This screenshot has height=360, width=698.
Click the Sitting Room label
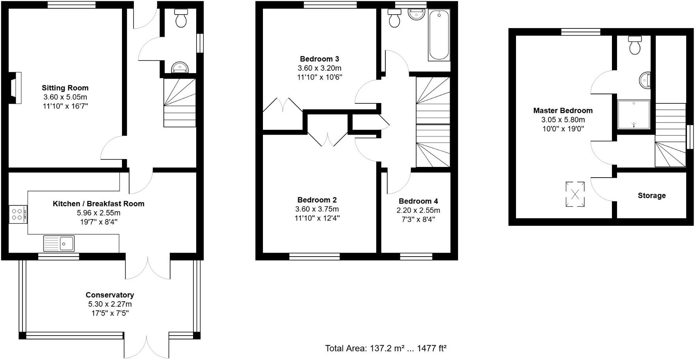(x=65, y=88)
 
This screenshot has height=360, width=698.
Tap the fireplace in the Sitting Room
(x=16, y=88)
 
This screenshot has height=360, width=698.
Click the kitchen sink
(x=59, y=243)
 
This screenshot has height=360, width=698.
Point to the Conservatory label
(x=110, y=295)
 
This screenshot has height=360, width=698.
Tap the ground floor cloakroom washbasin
(x=180, y=68)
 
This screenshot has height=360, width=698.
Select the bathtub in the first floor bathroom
(x=439, y=35)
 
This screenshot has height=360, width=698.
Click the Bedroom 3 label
(x=319, y=59)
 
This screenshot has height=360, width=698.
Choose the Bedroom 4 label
(x=418, y=201)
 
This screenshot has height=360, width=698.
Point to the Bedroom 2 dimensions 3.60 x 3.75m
(x=317, y=209)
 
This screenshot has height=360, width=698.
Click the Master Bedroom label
(x=563, y=111)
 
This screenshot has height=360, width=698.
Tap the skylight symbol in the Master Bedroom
(x=575, y=194)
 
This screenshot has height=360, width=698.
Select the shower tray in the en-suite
(x=634, y=114)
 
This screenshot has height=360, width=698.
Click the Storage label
(x=651, y=196)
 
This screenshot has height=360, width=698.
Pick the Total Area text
(x=386, y=348)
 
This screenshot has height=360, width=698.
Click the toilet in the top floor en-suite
(x=635, y=45)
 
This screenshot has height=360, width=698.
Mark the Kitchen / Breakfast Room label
(x=98, y=204)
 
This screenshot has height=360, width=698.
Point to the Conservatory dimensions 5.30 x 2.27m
(x=110, y=304)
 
